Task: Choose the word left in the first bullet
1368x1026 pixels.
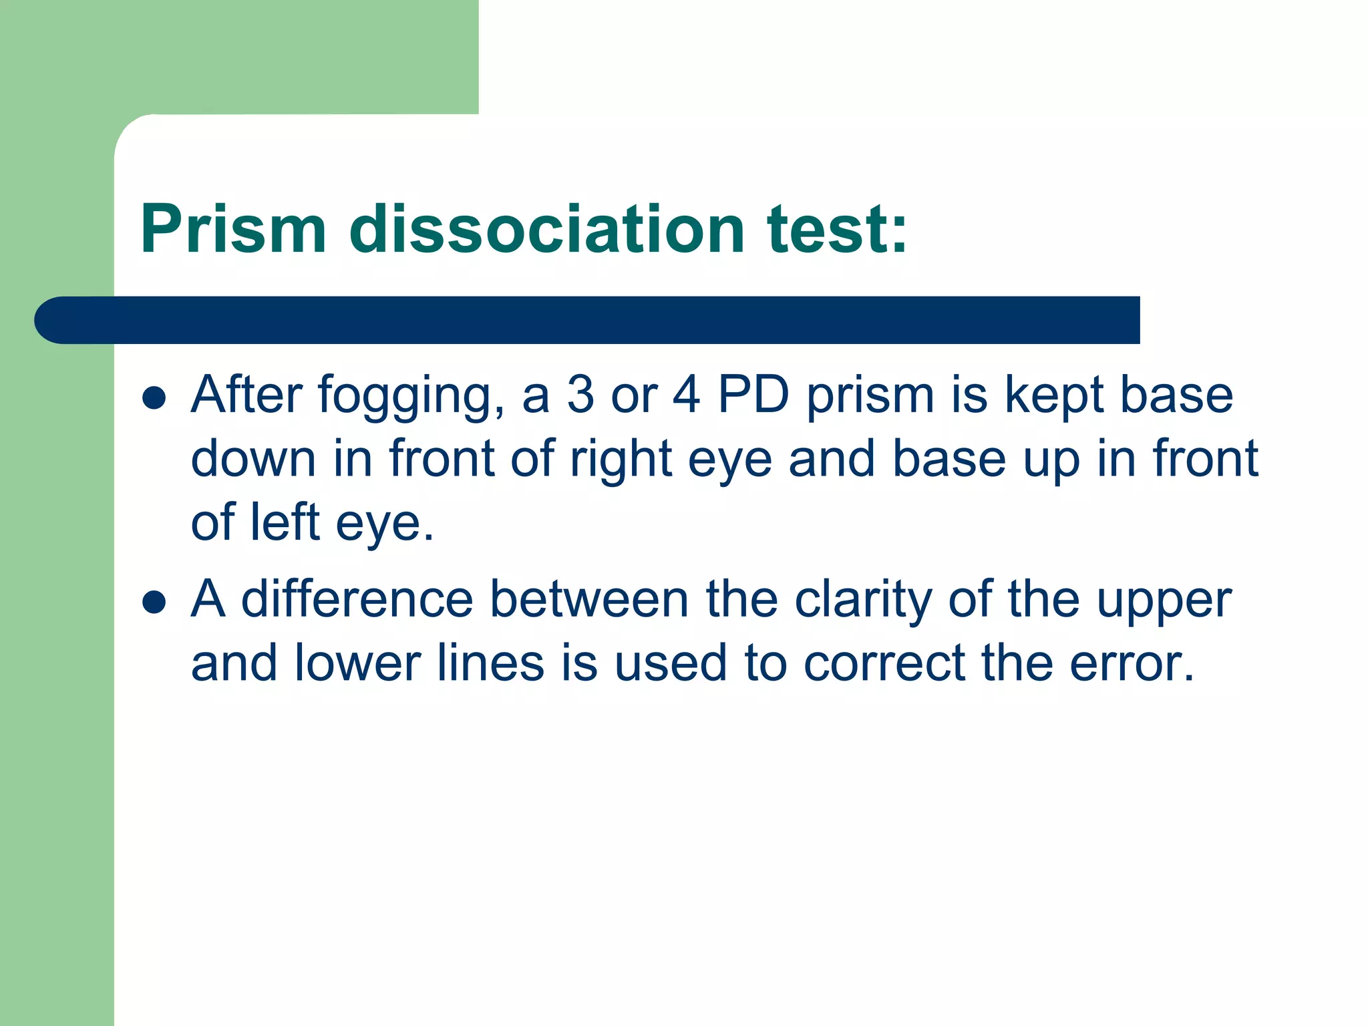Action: point(285,522)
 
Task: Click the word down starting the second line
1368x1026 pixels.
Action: point(253,459)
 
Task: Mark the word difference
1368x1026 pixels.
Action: point(357,599)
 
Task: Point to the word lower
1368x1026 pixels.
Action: point(357,663)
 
